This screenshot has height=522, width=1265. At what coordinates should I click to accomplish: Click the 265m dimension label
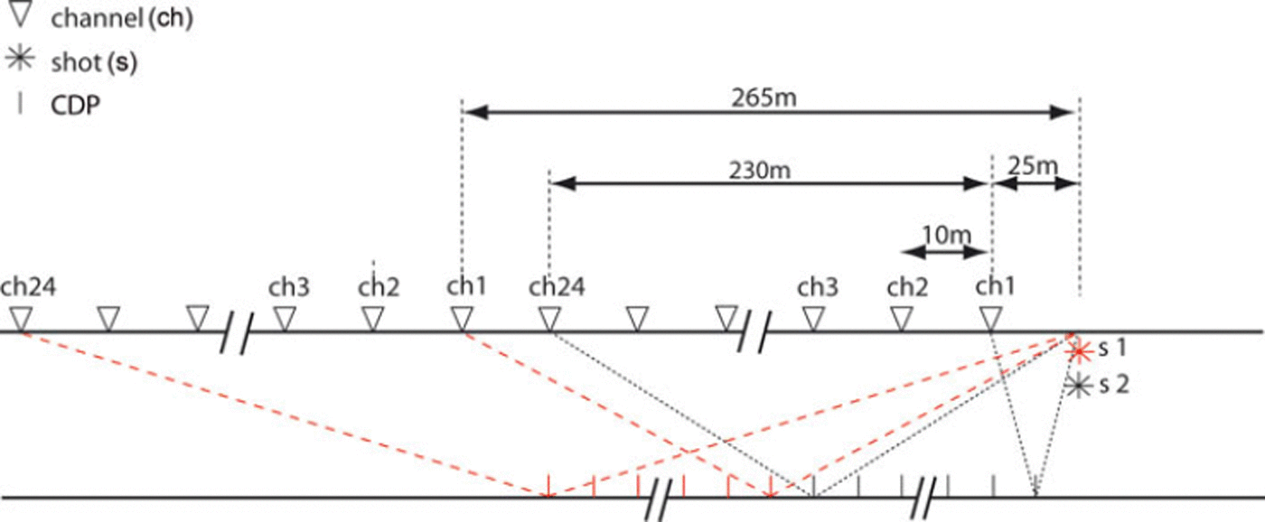pyautogui.click(x=764, y=98)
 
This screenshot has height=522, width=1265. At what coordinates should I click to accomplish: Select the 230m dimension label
pyautogui.click(x=759, y=170)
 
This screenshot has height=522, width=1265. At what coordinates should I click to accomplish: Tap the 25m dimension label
pyautogui.click(x=1032, y=166)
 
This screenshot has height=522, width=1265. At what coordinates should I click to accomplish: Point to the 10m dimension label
pyautogui.click(x=946, y=235)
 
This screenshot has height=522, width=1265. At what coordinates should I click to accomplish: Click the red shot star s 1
pyautogui.click(x=1079, y=352)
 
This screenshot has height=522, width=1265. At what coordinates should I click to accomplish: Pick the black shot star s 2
pyautogui.click(x=1079, y=386)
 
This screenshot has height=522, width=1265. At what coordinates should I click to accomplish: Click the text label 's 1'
pyautogui.click(x=1112, y=349)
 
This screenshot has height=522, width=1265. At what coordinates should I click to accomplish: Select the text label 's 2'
pyautogui.click(x=1113, y=385)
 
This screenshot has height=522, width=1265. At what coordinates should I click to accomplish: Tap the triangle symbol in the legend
pyautogui.click(x=20, y=15)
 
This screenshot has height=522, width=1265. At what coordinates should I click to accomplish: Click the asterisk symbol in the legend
pyautogui.click(x=20, y=59)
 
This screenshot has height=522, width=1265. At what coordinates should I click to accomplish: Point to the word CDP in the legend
pyautogui.click(x=76, y=106)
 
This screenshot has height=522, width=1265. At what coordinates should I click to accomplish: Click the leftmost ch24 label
pyautogui.click(x=28, y=286)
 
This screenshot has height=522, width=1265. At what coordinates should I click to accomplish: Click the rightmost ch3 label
pyautogui.click(x=817, y=287)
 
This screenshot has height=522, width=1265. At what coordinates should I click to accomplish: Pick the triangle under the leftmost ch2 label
pyautogui.click(x=372, y=319)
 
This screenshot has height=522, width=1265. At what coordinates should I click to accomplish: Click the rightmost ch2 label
pyautogui.click(x=907, y=287)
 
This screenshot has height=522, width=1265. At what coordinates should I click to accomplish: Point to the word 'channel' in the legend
pyautogui.click(x=96, y=19)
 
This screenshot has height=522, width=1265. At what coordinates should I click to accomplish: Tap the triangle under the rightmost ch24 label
pyautogui.click(x=549, y=319)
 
